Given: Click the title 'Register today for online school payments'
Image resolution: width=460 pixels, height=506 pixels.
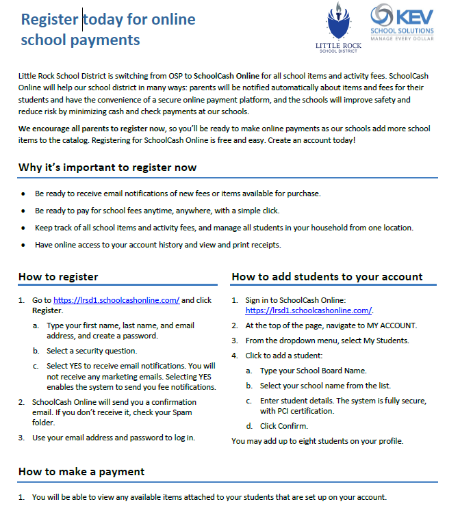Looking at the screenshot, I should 107,29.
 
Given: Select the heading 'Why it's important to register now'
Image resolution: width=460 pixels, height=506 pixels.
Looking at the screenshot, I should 107,168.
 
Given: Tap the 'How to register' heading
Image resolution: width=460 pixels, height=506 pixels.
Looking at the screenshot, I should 58,277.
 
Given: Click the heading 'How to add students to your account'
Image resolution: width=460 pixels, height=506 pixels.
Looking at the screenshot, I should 327,277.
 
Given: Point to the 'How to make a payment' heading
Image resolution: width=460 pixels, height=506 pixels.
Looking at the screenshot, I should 81,471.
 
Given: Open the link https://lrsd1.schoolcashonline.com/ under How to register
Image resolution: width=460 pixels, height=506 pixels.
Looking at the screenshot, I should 116,300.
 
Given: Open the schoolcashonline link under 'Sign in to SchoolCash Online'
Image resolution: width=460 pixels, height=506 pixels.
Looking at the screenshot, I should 308,310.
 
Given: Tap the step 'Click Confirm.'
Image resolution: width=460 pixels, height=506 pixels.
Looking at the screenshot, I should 283,426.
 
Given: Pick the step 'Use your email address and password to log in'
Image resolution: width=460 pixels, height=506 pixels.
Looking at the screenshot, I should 113,438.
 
